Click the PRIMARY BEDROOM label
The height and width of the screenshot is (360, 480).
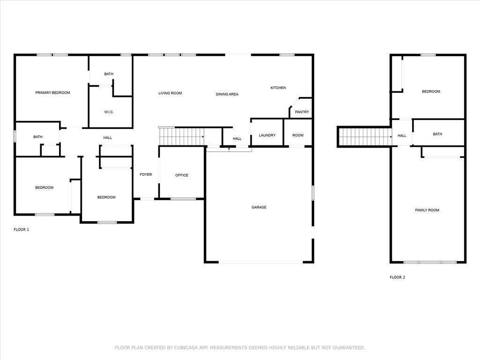pos(52,93)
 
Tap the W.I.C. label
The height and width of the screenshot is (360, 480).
pos(109,112)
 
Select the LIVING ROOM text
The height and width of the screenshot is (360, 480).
pos(170,93)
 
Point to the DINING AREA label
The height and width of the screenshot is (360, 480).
pos(227,94)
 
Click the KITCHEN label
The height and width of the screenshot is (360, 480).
pos(278,88)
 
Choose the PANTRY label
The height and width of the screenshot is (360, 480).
pos(302,112)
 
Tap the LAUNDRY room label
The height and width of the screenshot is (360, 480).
pos(267,135)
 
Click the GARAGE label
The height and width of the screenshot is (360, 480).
pos(259,207)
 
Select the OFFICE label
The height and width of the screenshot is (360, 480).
pos(181,175)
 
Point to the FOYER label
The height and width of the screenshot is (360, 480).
pos(146,174)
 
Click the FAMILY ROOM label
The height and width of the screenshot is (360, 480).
pos(427,210)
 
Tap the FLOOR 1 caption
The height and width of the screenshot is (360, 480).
pos(22,230)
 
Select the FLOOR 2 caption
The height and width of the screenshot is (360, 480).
pos(397,277)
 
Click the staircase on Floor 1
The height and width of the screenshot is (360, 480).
pos(181,136)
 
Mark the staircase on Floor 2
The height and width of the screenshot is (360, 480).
pos(365,137)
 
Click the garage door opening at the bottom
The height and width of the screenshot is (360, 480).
pos(261,262)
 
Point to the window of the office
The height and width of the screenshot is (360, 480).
pos(183,199)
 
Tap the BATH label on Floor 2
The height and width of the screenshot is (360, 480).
pos(437,134)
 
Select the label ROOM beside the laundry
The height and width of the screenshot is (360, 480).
pos(298,135)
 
